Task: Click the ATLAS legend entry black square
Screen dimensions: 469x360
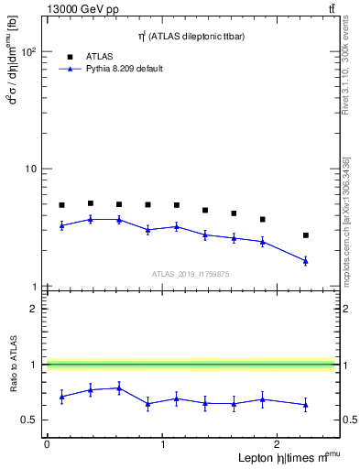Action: click(70, 56)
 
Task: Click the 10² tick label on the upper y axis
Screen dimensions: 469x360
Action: click(27, 52)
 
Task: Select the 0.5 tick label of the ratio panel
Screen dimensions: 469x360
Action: click(29, 420)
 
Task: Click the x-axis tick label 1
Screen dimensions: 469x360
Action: click(163, 444)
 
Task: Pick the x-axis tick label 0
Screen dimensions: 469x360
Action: click(47, 444)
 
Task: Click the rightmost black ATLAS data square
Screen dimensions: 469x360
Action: click(306, 235)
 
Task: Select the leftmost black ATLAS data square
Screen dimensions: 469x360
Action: click(61, 205)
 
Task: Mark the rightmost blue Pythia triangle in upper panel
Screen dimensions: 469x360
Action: click(306, 261)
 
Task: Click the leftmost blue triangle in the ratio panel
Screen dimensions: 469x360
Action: click(61, 397)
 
